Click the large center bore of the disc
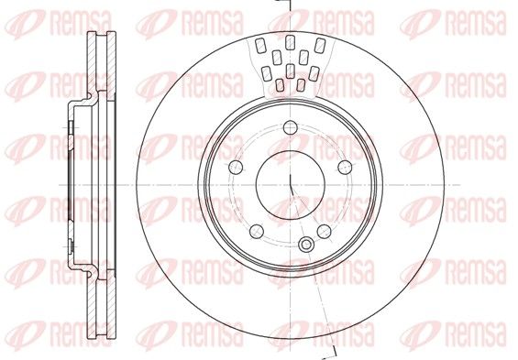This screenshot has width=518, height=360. click(x=291, y=185)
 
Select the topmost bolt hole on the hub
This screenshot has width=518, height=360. click(x=291, y=127)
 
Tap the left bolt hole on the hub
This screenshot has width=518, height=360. click(x=236, y=167)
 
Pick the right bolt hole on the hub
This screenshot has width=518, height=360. click(x=345, y=167)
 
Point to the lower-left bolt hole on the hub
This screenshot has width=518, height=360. click(x=257, y=232)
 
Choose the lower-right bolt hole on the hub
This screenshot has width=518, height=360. click(x=324, y=232)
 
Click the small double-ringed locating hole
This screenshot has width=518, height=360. click(x=306, y=245)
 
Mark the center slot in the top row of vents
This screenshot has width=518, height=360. click(x=290, y=42)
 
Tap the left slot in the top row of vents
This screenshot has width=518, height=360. click(x=260, y=45)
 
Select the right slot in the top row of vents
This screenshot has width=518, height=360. click(x=320, y=45)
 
